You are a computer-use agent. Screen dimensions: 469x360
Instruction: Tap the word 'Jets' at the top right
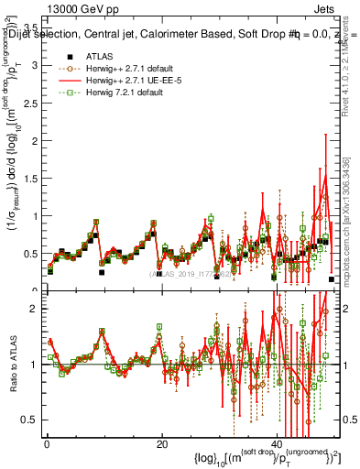tap(323, 8)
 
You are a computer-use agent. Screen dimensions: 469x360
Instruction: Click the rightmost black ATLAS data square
tap(331, 278)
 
